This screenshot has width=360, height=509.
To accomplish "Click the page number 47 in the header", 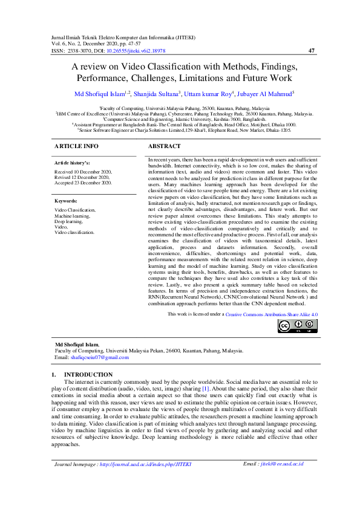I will coord(312,51).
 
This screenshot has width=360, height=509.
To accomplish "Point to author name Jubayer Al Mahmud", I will coord(265,93).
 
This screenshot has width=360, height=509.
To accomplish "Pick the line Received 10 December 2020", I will coord(83,172).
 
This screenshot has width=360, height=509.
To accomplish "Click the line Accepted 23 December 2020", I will coord(83,182).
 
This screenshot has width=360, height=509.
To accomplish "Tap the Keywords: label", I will coord(66,201).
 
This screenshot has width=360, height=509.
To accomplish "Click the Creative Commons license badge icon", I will coord(297,326).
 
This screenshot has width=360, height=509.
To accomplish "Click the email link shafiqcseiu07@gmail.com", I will coord(100,357).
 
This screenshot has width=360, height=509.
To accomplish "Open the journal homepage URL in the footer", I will coord(145,481).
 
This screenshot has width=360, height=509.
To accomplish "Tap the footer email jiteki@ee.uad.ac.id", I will coord(281,481).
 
